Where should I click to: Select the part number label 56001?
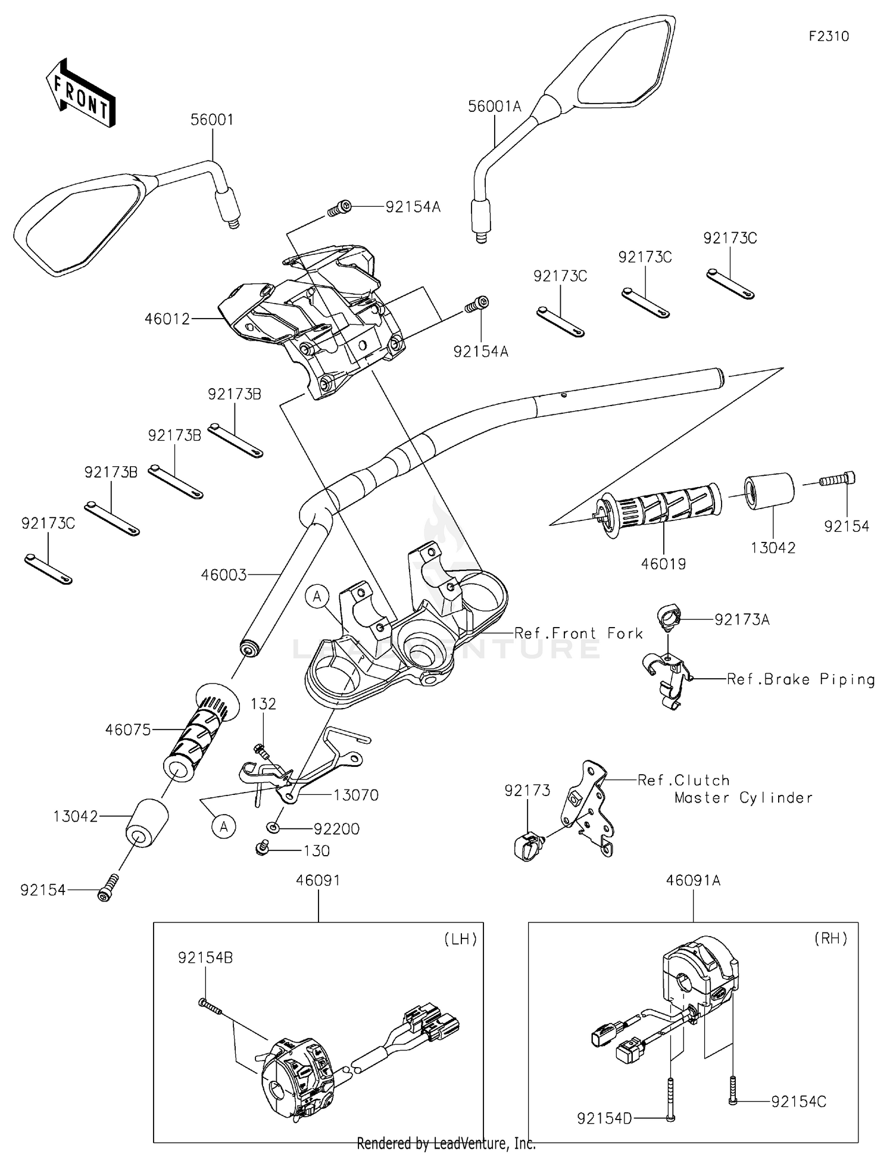(212, 120)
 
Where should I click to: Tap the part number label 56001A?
(494, 107)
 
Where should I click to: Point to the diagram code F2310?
(829, 36)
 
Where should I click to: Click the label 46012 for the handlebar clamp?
(167, 319)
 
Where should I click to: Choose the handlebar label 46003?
(224, 575)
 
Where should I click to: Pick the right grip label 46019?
(663, 563)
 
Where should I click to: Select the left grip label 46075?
(128, 729)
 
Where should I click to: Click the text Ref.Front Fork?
(579, 633)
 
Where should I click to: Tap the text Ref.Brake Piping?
(801, 679)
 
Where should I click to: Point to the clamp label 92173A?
(742, 620)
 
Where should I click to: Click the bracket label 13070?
(356, 795)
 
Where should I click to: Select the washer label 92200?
(337, 829)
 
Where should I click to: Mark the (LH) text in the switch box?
(461, 939)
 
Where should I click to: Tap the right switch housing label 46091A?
(693, 880)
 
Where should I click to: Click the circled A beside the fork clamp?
(317, 595)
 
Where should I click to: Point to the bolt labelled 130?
(316, 851)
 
